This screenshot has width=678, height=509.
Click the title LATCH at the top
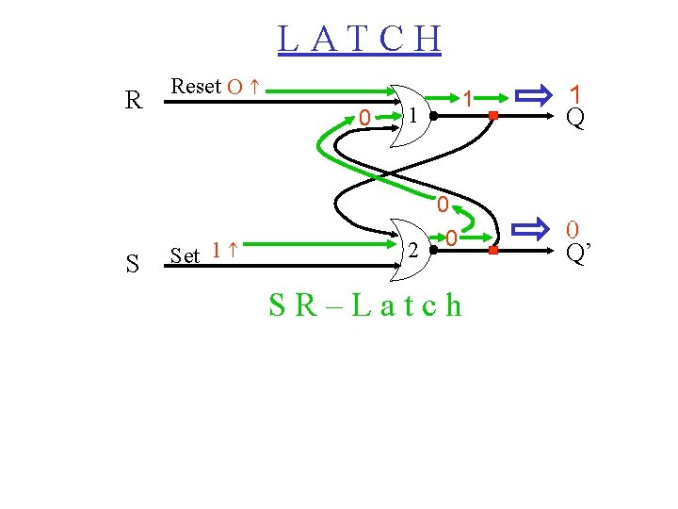tap(360, 40)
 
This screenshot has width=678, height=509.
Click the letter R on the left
tap(135, 100)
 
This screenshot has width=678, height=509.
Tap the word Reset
tap(196, 87)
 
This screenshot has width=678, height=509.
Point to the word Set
tap(186, 255)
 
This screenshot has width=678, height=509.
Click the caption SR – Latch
tap(365, 305)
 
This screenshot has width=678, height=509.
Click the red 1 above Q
tap(575, 94)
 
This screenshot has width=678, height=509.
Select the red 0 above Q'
tap(572, 229)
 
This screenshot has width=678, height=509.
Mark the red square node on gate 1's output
tap(492, 116)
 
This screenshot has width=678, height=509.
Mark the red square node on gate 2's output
tap(492, 252)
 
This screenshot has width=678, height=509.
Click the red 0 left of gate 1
tap(363, 118)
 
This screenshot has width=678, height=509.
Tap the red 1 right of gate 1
tap(466, 98)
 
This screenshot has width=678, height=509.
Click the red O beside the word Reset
tap(235, 88)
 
